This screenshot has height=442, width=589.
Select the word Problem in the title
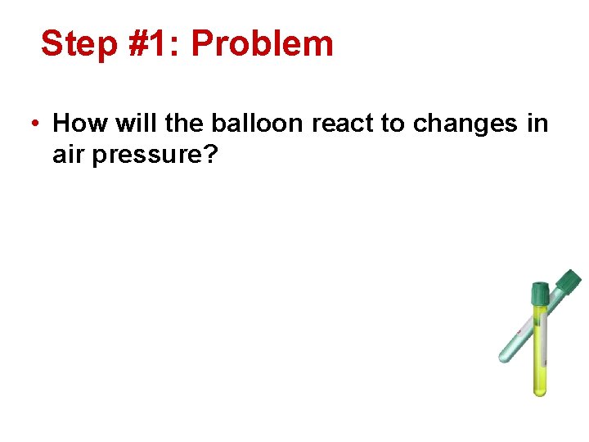(262, 43)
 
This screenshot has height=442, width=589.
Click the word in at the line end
(537, 124)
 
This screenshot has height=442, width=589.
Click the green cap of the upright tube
(540, 293)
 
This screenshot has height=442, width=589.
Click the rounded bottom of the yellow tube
(540, 391)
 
